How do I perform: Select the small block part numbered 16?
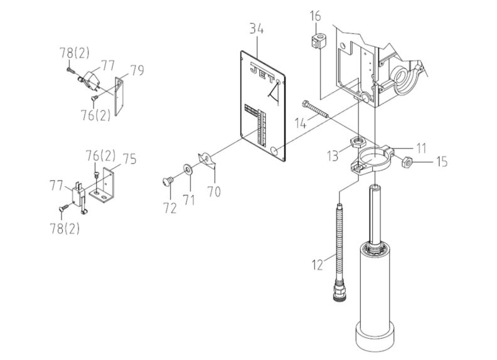(318, 42)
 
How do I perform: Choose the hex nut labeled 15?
(407, 162)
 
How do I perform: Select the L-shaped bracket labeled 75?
(105, 188)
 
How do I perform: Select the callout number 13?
(333, 154)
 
